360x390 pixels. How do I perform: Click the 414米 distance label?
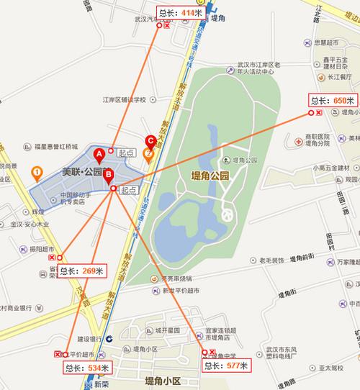(180, 13)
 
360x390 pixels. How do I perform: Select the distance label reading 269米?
(81, 271)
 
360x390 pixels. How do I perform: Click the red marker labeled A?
(100, 153)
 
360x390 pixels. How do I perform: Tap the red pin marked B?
(108, 175)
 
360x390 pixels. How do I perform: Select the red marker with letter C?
(150, 140)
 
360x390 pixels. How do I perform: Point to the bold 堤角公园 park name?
(209, 175)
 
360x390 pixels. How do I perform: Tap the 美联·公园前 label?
(81, 173)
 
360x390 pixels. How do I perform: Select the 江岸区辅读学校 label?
(124, 99)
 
